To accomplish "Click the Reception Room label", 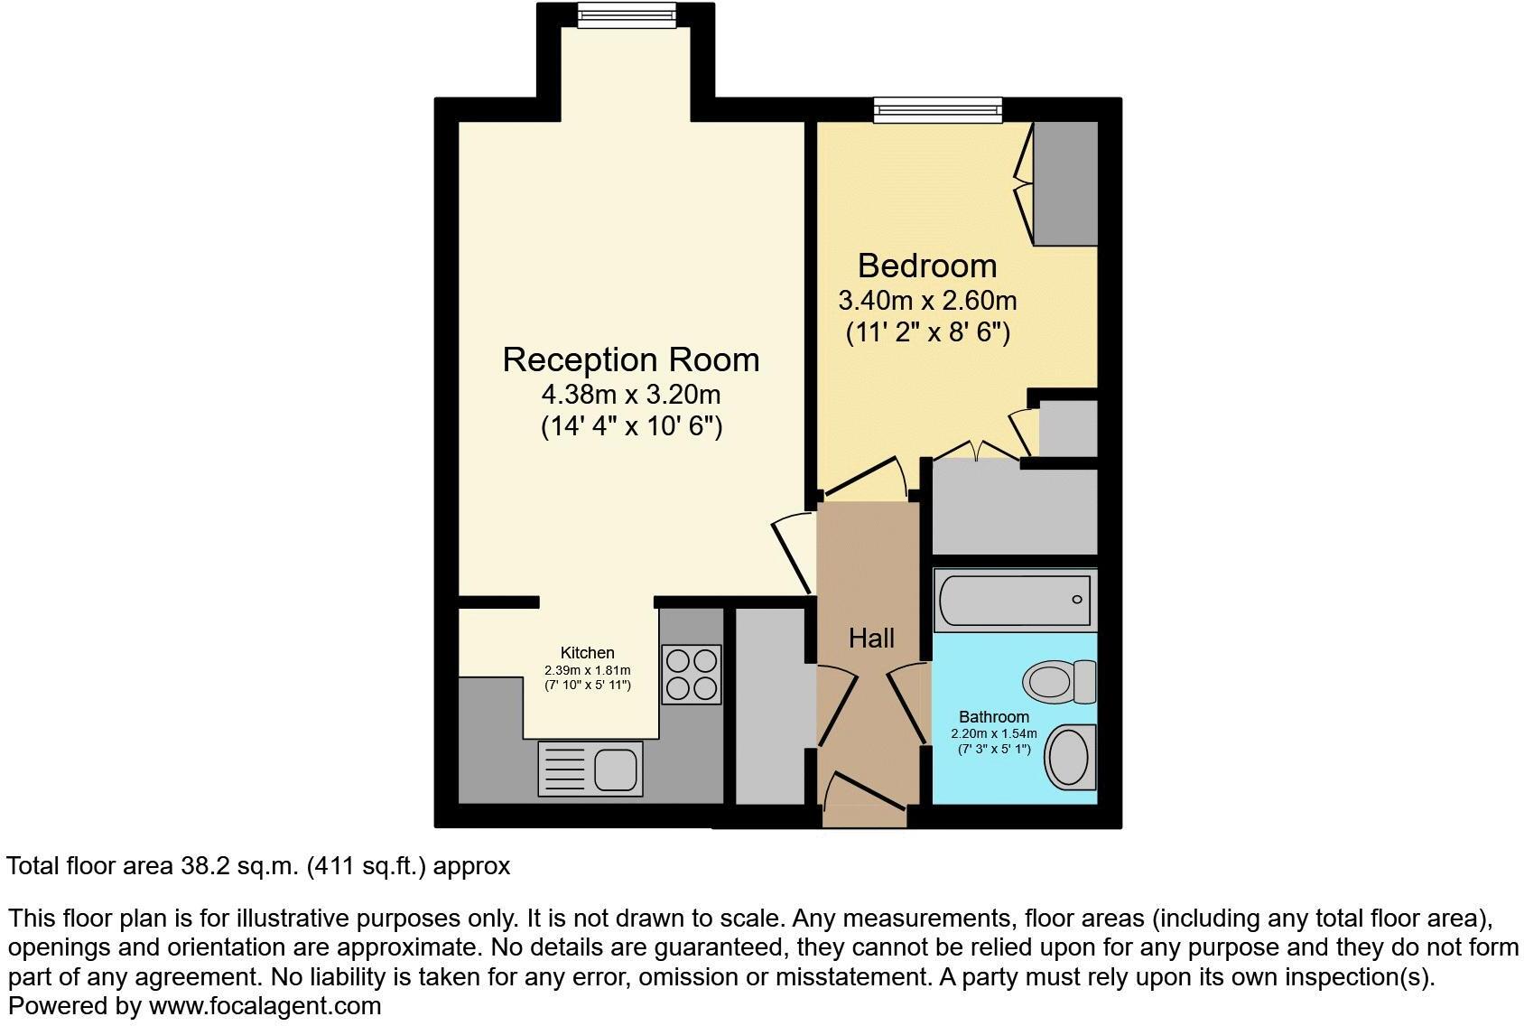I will [630, 359].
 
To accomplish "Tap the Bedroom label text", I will [927, 266].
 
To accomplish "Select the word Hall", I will [871, 639].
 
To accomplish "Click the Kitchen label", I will [587, 653].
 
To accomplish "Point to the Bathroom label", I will [993, 717].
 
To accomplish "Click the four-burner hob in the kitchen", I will [692, 674].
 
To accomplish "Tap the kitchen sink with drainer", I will [590, 769].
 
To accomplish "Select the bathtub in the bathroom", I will [1014, 600].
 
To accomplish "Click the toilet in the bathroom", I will [1058, 681].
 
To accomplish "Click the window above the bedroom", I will [937, 109].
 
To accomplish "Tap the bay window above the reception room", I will [626, 14].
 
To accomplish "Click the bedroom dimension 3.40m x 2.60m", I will [927, 299].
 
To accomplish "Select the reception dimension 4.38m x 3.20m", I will [630, 395].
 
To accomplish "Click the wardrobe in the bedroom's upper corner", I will [1064, 183].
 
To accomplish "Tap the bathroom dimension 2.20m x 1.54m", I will [993, 733].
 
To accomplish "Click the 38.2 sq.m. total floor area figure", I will [238, 866].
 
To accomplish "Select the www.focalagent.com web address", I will [265, 1005].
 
